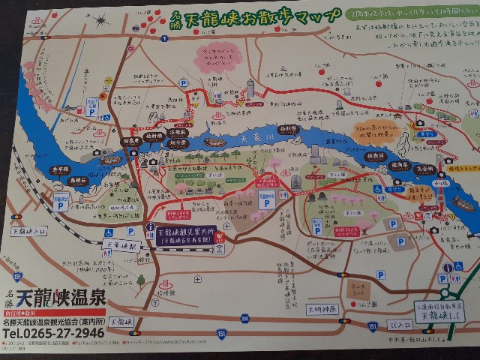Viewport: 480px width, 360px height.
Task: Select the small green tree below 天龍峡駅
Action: [140, 280]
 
